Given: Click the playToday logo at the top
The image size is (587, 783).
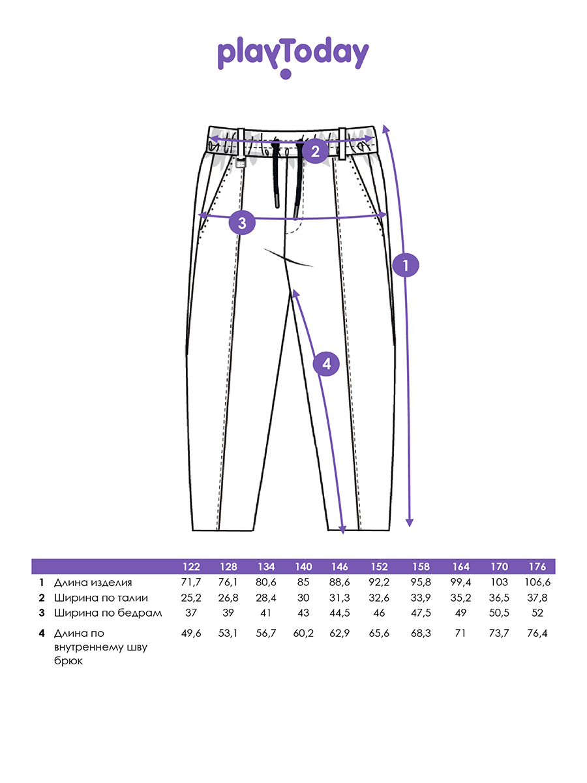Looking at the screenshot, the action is coord(293,57).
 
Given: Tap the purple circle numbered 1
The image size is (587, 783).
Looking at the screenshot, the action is coord(406,265).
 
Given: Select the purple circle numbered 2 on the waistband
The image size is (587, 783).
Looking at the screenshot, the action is coord(315,151).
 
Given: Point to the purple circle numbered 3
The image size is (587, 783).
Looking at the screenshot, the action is coord(242,223).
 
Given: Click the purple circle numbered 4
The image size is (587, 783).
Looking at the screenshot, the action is coord(326,364).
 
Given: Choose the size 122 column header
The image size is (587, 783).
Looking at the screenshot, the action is coord(191,567).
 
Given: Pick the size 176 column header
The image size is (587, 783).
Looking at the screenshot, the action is coord(537,567).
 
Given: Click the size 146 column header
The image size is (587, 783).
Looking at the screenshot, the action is coord(339,567).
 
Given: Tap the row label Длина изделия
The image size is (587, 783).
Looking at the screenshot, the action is coord(93,583).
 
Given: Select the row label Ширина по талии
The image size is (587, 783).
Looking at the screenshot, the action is coord(101,598).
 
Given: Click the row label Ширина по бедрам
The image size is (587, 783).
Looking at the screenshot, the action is coord(108,613).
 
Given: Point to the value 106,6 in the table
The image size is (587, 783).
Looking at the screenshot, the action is coord(537,583).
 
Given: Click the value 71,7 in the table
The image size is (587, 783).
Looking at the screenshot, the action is coord(191,583).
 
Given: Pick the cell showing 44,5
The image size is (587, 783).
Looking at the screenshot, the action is coord(339,613).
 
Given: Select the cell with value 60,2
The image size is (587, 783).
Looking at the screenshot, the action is coord(303,634).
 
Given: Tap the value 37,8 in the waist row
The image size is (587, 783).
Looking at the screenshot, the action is coord(537,598).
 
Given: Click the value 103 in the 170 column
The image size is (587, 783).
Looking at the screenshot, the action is coord(499,583).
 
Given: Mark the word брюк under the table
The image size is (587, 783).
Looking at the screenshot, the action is coord(68,661).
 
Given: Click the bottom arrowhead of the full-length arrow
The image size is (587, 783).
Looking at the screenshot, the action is coord(410,523).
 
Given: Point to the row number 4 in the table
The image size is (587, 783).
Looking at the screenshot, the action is coord(42,634).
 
